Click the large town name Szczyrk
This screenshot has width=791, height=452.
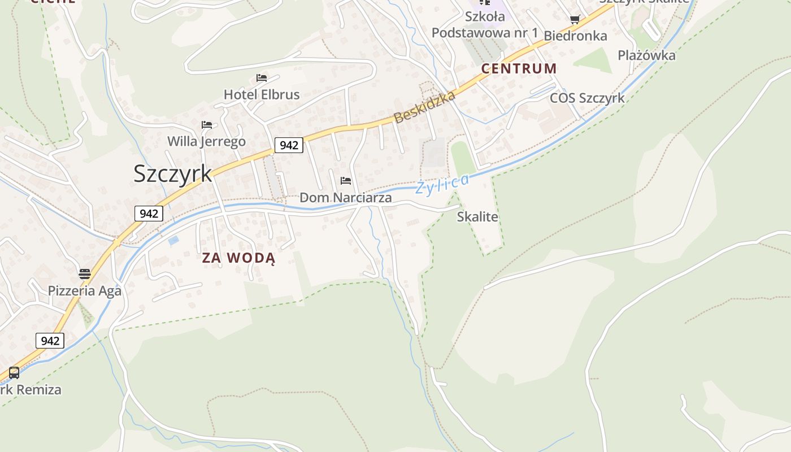[x=172, y=173]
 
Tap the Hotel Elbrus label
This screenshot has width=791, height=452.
[x=262, y=94]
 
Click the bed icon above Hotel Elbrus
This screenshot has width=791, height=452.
[x=261, y=78]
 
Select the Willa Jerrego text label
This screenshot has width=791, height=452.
[x=206, y=141]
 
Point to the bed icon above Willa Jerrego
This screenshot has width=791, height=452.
[x=206, y=124]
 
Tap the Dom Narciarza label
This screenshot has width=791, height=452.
[x=345, y=198]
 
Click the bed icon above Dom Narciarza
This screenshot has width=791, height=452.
[x=346, y=181]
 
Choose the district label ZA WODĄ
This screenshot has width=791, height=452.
[x=239, y=258]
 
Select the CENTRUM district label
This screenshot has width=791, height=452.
[x=519, y=69]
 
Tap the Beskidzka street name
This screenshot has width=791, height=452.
[x=424, y=107]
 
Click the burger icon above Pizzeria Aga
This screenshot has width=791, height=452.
[x=85, y=275]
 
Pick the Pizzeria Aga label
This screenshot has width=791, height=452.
[x=85, y=291]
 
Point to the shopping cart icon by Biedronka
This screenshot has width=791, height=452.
[x=575, y=20]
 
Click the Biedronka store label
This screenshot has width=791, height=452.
[x=575, y=36]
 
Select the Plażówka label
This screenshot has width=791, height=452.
[x=646, y=55]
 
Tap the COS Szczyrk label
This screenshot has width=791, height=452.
[x=587, y=98]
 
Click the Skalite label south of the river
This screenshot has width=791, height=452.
[x=477, y=217]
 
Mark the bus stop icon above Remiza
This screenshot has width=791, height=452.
[x=14, y=373]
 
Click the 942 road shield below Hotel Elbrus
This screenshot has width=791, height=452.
[x=289, y=145]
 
